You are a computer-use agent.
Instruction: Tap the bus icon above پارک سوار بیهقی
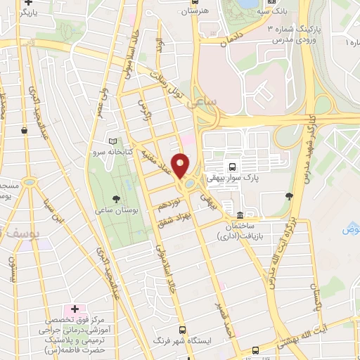231,167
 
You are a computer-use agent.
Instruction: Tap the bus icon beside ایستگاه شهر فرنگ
183,329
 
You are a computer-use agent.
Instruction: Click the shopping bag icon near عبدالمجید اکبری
25,130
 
